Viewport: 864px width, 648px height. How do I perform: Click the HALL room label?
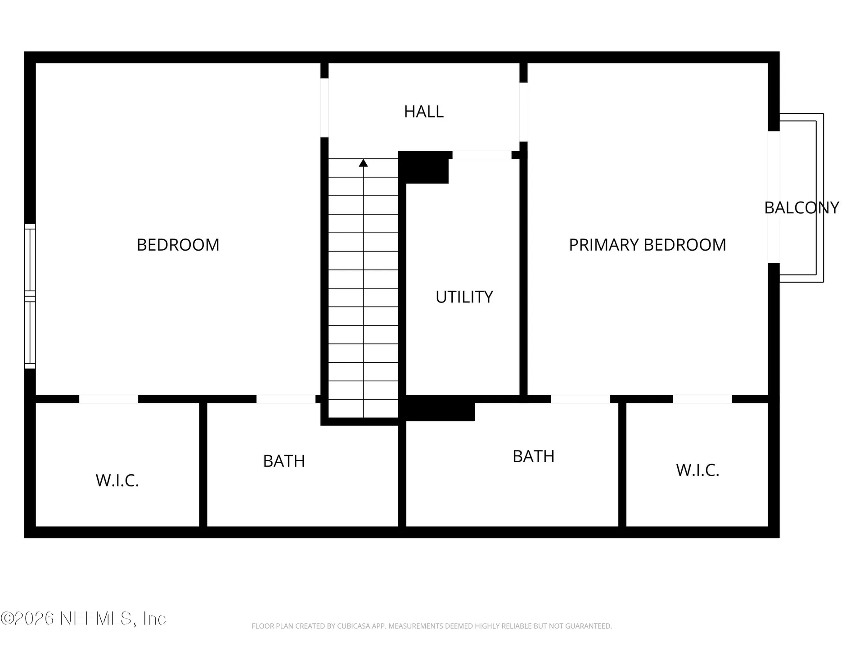coord(423,112)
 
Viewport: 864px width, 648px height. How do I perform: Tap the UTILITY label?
coord(464,297)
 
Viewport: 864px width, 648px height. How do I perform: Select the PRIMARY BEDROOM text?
coord(648,245)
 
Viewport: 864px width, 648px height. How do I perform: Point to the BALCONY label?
coord(801,207)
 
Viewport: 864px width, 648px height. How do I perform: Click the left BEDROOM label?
coord(178,245)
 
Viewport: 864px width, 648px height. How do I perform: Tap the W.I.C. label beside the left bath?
coord(117,481)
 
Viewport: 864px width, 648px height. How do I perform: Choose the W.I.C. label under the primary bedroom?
coord(697,470)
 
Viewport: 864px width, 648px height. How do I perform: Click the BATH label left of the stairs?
coord(284,461)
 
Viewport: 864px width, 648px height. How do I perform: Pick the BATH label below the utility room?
coord(533,456)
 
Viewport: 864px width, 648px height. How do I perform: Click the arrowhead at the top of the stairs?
coord(363,163)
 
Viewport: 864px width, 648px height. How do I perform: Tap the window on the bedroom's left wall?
coord(30,296)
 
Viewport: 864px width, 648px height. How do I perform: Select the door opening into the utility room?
coord(481,155)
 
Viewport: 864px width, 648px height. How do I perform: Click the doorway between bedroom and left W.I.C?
coord(108,399)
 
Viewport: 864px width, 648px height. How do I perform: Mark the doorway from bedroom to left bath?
coord(286,399)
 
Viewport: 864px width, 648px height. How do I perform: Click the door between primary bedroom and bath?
coord(580,399)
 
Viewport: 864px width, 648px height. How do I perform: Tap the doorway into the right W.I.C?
coord(702,399)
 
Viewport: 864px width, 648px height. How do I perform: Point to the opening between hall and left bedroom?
coord(324,108)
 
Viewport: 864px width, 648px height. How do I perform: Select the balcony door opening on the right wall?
coord(774,197)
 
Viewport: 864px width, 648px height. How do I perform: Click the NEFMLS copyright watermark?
coord(83,618)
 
